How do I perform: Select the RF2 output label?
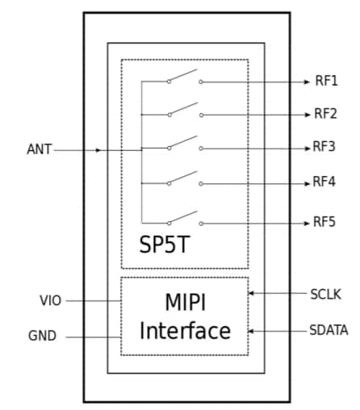325,114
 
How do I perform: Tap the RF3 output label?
325,147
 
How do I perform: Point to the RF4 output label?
325,182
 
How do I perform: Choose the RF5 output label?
325,222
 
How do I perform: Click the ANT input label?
39,149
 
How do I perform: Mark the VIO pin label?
50,300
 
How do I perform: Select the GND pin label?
42,336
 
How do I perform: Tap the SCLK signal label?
325,294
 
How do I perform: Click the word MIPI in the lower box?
185,303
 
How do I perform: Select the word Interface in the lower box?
185,331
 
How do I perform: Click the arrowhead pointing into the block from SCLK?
252,293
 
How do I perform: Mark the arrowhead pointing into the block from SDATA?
252,330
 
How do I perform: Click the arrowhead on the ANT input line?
98,150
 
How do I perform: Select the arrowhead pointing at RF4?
307,183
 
